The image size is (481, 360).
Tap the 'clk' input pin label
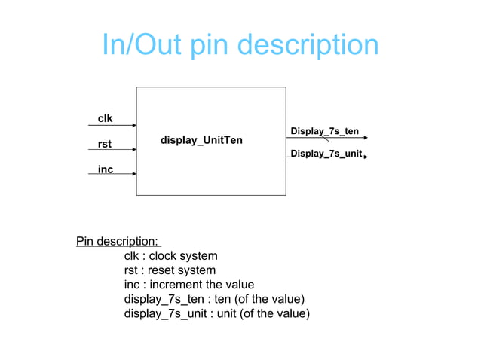[105, 118]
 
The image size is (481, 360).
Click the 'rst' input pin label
[105, 144]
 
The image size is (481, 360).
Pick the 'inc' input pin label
[105, 169]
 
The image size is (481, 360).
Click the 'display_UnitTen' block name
[201, 141]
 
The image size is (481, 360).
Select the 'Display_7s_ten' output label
[324, 132]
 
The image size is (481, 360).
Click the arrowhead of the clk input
[133, 124]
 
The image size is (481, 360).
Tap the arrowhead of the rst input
[133, 149]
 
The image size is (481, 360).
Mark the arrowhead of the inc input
[133, 174]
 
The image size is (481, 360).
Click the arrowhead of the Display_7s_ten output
[366, 138]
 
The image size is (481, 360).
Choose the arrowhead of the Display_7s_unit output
[366, 159]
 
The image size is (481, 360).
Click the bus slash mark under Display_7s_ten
[326, 138]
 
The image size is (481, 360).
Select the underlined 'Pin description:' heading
[118, 242]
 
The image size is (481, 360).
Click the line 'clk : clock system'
[170, 256]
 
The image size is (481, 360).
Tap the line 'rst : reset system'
[170, 270]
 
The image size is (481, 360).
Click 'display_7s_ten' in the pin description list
[161, 299]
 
